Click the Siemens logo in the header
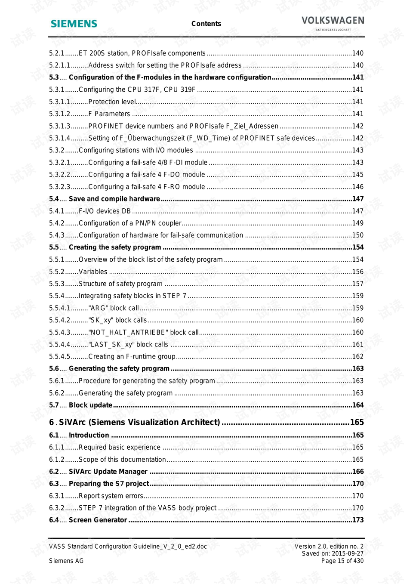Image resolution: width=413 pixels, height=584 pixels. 74,24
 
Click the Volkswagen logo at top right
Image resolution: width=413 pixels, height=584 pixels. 333,22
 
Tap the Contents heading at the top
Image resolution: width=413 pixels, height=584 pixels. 206,24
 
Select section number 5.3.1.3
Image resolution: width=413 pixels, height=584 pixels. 59,126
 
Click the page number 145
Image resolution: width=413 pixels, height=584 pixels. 358,175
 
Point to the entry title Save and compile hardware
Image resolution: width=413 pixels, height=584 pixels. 114,199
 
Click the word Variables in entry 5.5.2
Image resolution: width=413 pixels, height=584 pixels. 93,272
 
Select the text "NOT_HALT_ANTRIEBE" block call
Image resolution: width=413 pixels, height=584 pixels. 143,333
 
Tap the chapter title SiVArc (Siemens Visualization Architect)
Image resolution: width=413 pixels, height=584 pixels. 139,422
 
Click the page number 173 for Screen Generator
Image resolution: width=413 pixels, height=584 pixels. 358,520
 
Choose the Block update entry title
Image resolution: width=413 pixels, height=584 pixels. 90,405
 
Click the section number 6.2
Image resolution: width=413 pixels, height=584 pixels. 54,472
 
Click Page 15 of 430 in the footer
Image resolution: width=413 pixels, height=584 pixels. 342,561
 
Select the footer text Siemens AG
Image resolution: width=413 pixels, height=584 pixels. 66,561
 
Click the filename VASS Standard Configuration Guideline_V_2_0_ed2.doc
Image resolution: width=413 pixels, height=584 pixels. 128,547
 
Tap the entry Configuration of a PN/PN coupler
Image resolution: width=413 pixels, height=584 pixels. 130,223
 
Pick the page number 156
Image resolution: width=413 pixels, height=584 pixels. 358,272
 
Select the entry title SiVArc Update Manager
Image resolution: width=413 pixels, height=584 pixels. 108,472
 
